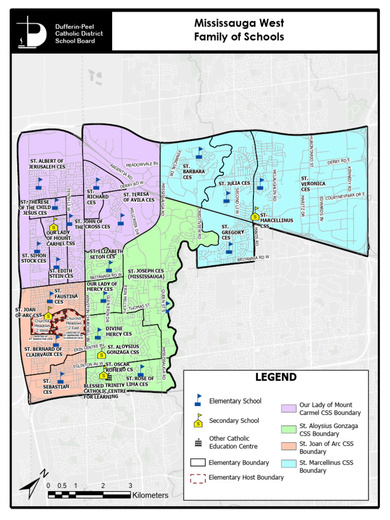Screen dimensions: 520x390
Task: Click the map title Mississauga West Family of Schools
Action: pyautogui.click(x=239, y=30)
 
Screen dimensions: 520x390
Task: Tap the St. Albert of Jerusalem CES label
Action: pyautogui.click(x=47, y=164)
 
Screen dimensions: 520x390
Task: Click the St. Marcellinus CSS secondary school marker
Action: pyautogui.click(x=255, y=215)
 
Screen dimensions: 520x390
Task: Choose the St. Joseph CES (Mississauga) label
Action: pyautogui.click(x=146, y=274)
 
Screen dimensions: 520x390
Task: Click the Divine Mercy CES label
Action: pyautogui.click(x=119, y=331)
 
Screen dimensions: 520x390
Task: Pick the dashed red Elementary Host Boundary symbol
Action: pyautogui.click(x=198, y=478)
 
